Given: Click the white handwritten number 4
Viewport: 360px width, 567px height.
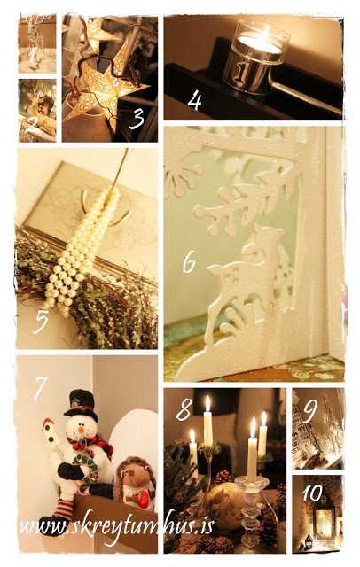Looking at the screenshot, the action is click(194, 100).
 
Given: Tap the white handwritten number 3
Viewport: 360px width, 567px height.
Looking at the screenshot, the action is click(137, 119).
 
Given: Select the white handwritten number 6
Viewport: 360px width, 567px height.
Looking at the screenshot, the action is click(189, 262).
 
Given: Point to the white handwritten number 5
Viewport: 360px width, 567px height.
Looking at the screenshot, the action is click(40, 322).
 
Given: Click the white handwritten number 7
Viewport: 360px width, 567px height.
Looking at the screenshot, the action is click(40, 388).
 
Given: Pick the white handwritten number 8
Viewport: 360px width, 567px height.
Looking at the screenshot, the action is click(184, 409).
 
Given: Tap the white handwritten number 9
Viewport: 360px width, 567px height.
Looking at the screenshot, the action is click(310, 411).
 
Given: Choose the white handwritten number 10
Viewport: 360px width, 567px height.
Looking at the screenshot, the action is click(313, 493).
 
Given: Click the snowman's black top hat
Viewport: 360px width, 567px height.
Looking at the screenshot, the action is click(82, 404).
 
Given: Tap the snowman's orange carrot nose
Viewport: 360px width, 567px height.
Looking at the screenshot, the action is click(81, 431).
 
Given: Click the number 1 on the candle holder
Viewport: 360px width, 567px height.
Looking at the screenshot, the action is click(240, 73).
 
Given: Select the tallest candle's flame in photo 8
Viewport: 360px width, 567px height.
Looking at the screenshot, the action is click(207, 403).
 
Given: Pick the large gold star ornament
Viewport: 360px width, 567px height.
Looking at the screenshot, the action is click(105, 90).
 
